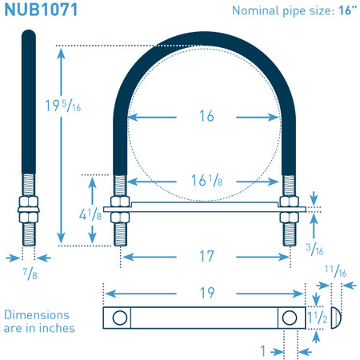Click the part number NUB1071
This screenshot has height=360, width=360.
pos(41,10)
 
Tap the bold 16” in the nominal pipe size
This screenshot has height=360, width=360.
pos(347,10)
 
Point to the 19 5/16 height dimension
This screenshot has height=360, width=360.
pos(63,106)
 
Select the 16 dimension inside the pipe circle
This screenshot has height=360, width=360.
pos(206,116)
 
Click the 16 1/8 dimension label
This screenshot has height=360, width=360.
pos(207,180)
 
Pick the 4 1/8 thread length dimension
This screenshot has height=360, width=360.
pos(90,214)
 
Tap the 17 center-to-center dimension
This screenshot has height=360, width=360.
pos(206,256)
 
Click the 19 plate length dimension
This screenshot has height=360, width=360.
pos(207,293)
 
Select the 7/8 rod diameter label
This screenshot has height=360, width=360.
pos(30,274)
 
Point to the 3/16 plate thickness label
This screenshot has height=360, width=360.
pos(314,250)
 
